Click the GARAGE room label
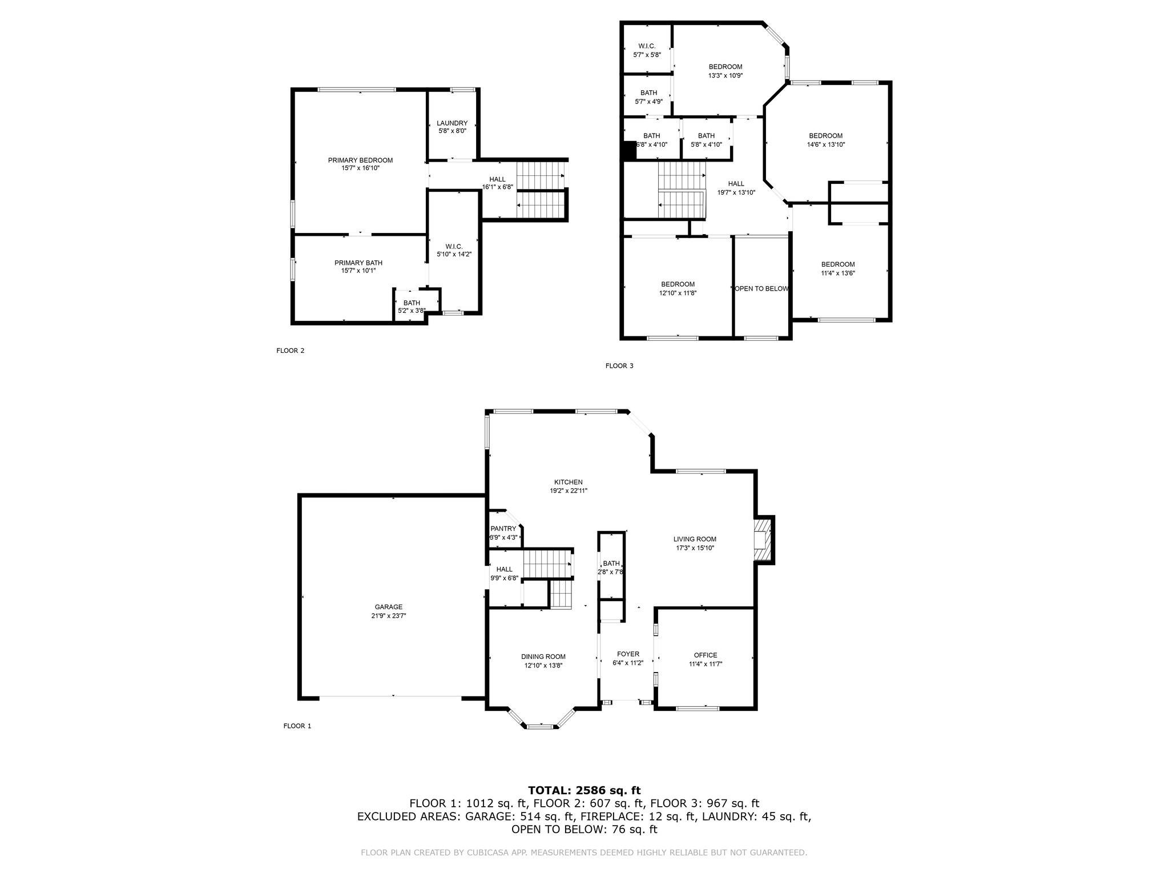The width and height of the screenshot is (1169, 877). click(388, 607)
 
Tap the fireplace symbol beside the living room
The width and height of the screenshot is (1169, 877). click(763, 540)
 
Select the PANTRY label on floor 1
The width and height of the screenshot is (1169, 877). click(503, 529)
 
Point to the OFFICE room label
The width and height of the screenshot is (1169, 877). click(706, 655)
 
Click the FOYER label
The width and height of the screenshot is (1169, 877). click(628, 654)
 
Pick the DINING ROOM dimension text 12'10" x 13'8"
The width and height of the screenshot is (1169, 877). click(543, 665)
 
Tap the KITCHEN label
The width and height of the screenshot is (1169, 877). click(568, 482)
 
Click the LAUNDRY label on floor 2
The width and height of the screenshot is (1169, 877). click(452, 123)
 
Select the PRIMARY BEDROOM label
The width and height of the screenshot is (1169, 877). click(360, 160)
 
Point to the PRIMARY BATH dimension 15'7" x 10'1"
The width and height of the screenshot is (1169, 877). click(358, 271)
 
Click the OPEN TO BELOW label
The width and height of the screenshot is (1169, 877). click(761, 289)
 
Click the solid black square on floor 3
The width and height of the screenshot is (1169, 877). click(630, 151)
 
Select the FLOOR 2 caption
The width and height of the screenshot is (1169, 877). click(290, 351)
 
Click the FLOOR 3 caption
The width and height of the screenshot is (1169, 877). click(619, 366)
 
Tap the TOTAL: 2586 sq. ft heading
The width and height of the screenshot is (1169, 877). click(584, 790)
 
